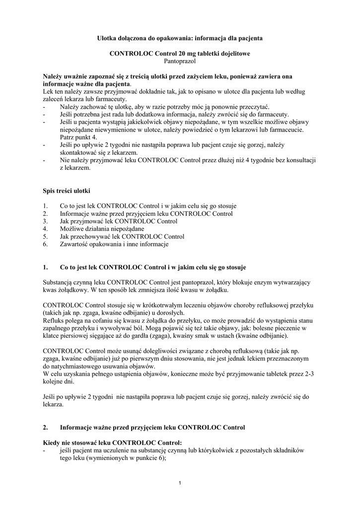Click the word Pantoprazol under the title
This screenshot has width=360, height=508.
[x=180, y=61]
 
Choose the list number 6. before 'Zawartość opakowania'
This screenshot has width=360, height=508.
[x=46, y=244]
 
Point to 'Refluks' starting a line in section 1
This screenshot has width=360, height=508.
[x=54, y=320]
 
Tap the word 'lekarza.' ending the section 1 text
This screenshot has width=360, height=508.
[x=53, y=404]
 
